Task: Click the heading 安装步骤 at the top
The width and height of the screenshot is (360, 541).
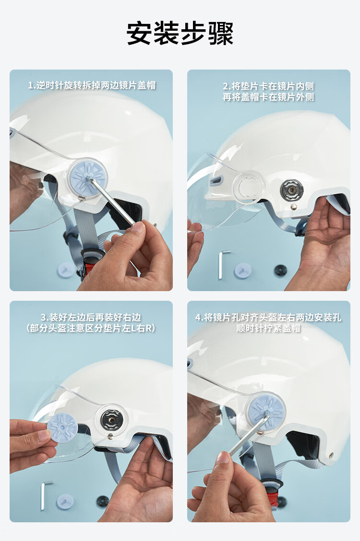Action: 180,34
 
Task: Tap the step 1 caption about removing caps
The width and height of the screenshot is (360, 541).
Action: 91,85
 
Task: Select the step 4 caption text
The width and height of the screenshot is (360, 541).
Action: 268,323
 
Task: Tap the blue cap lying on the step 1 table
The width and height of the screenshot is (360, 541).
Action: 65,270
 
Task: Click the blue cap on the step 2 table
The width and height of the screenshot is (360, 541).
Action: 242,270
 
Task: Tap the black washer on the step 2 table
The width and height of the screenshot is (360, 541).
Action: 280,270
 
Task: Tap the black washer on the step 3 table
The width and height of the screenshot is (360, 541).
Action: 102,501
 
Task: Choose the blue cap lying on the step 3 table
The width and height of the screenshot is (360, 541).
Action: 65,502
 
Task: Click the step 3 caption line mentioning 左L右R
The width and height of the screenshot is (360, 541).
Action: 91,329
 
